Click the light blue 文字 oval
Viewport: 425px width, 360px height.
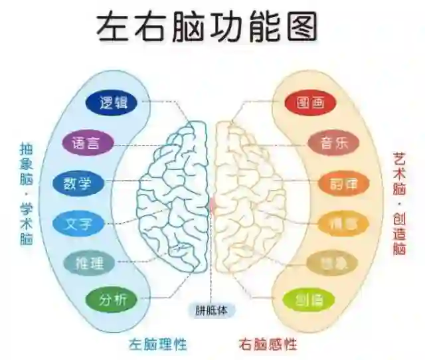click(79, 223)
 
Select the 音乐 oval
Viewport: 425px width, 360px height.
click(333, 142)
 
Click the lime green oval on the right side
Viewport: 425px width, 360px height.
click(309, 301)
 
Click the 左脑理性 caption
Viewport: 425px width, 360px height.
click(158, 344)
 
